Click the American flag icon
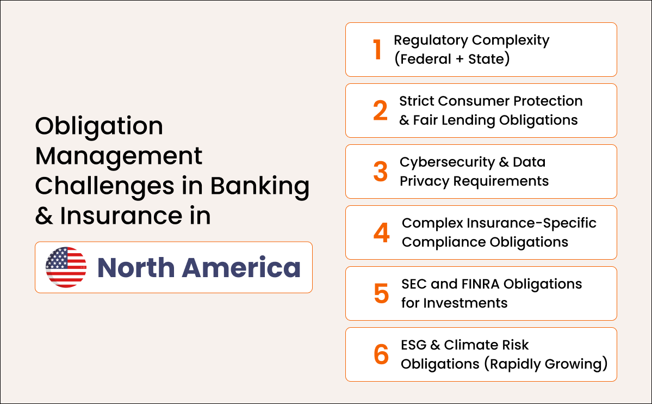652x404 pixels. [66, 267]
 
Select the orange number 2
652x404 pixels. [381, 111]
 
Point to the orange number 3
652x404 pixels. [381, 172]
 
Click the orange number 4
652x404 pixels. [381, 232]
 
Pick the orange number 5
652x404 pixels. [381, 293]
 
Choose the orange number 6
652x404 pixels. [381, 354]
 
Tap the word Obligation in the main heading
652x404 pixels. [99, 126]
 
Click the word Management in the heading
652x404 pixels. [119, 156]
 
